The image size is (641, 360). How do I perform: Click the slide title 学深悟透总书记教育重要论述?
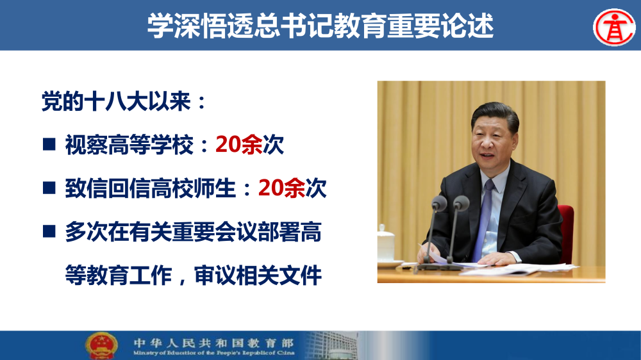[x=320, y=25]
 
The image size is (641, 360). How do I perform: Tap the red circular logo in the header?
[x=613, y=26]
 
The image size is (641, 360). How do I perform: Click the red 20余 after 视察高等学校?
[x=238, y=145]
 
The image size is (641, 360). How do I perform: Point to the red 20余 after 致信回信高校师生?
[x=281, y=188]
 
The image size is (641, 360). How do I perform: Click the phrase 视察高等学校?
[x=128, y=145]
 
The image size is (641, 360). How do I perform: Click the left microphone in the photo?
[x=438, y=204]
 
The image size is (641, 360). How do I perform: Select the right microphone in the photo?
[x=461, y=204]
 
